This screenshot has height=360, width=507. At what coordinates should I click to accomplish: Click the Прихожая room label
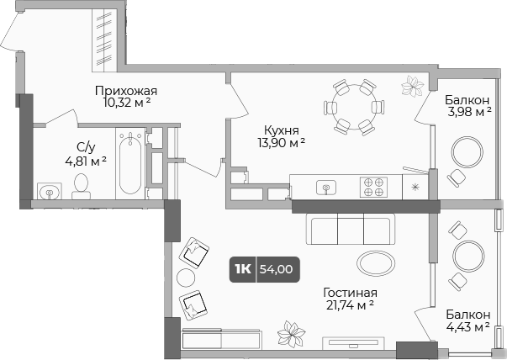click(126, 91)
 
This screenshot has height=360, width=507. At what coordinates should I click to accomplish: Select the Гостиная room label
click(349, 293)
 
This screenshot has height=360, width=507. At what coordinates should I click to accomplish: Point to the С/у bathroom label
click(85, 144)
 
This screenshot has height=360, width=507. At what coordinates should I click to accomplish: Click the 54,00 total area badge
click(277, 270)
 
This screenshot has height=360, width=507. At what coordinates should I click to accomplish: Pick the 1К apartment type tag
click(243, 270)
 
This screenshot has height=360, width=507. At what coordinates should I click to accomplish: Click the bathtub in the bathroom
click(129, 164)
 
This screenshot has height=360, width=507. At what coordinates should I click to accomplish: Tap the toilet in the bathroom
click(82, 185)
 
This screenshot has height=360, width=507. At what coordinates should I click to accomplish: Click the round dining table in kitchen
click(353, 107)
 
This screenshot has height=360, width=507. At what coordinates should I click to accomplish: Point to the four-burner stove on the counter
click(373, 187)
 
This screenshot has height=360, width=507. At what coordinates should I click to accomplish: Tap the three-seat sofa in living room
click(351, 228)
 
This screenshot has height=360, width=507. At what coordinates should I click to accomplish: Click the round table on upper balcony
click(467, 153)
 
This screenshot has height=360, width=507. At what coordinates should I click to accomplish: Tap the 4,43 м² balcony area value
click(467, 326)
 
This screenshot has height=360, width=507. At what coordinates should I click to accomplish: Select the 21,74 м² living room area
click(349, 306)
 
